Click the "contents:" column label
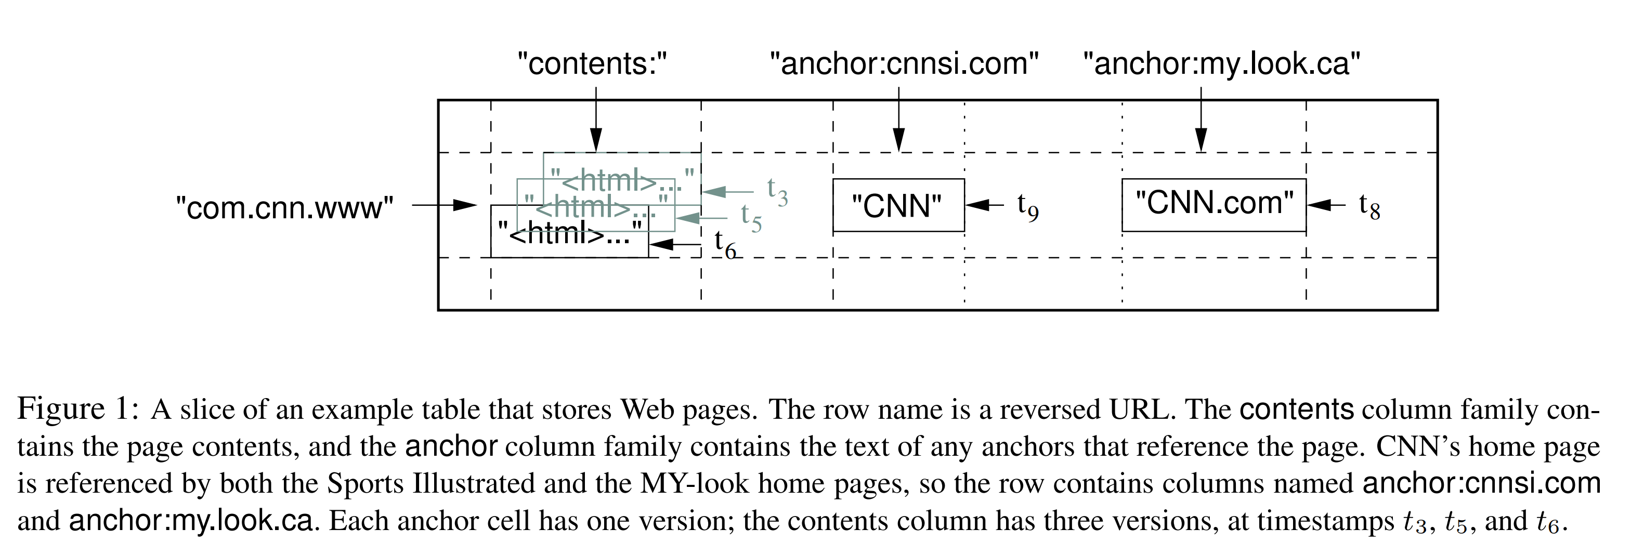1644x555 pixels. (x=592, y=64)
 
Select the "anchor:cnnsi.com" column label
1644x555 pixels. (x=904, y=64)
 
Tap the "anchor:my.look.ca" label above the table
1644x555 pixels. (x=1221, y=64)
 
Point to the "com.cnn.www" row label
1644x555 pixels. (x=284, y=208)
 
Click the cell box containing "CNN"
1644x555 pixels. (x=898, y=205)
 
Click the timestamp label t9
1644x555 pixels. (x=1027, y=207)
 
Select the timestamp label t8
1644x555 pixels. (x=1369, y=207)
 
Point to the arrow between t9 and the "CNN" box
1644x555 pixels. (x=985, y=205)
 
